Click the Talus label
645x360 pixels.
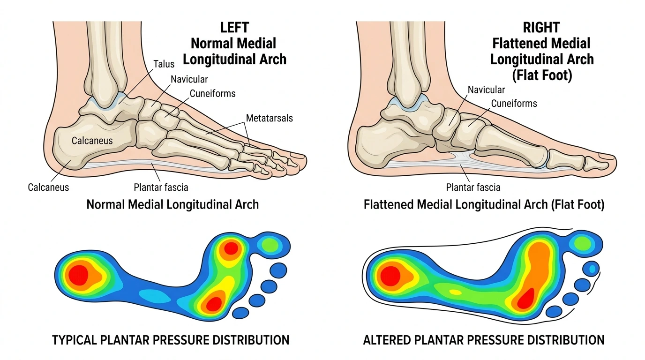pyautogui.click(x=164, y=64)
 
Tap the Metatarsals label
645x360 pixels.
pyautogui.click(x=269, y=118)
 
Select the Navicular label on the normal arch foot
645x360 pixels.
pyautogui.click(x=189, y=79)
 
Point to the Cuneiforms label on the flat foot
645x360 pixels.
pyautogui.click(x=514, y=104)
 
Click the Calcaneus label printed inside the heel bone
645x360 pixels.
pyautogui.click(x=92, y=141)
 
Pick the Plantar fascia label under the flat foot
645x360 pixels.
pyautogui.click(x=473, y=187)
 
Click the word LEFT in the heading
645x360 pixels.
pyautogui.click(x=234, y=28)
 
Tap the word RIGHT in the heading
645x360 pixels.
pyautogui.click(x=541, y=28)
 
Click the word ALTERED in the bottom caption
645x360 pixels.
pyautogui.click(x=387, y=340)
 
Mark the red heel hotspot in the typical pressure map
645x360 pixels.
pyautogui.click(x=78, y=275)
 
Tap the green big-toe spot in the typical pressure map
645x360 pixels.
pyautogui.click(x=270, y=245)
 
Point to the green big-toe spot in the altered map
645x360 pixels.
pyautogui.click(x=583, y=243)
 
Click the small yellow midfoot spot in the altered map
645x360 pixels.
pyautogui.click(x=456, y=292)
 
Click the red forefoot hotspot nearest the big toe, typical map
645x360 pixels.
pyautogui.click(x=231, y=248)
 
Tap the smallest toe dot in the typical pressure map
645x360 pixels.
pyautogui.click(x=240, y=313)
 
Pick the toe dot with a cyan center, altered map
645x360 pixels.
pyautogui.click(x=591, y=269)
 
